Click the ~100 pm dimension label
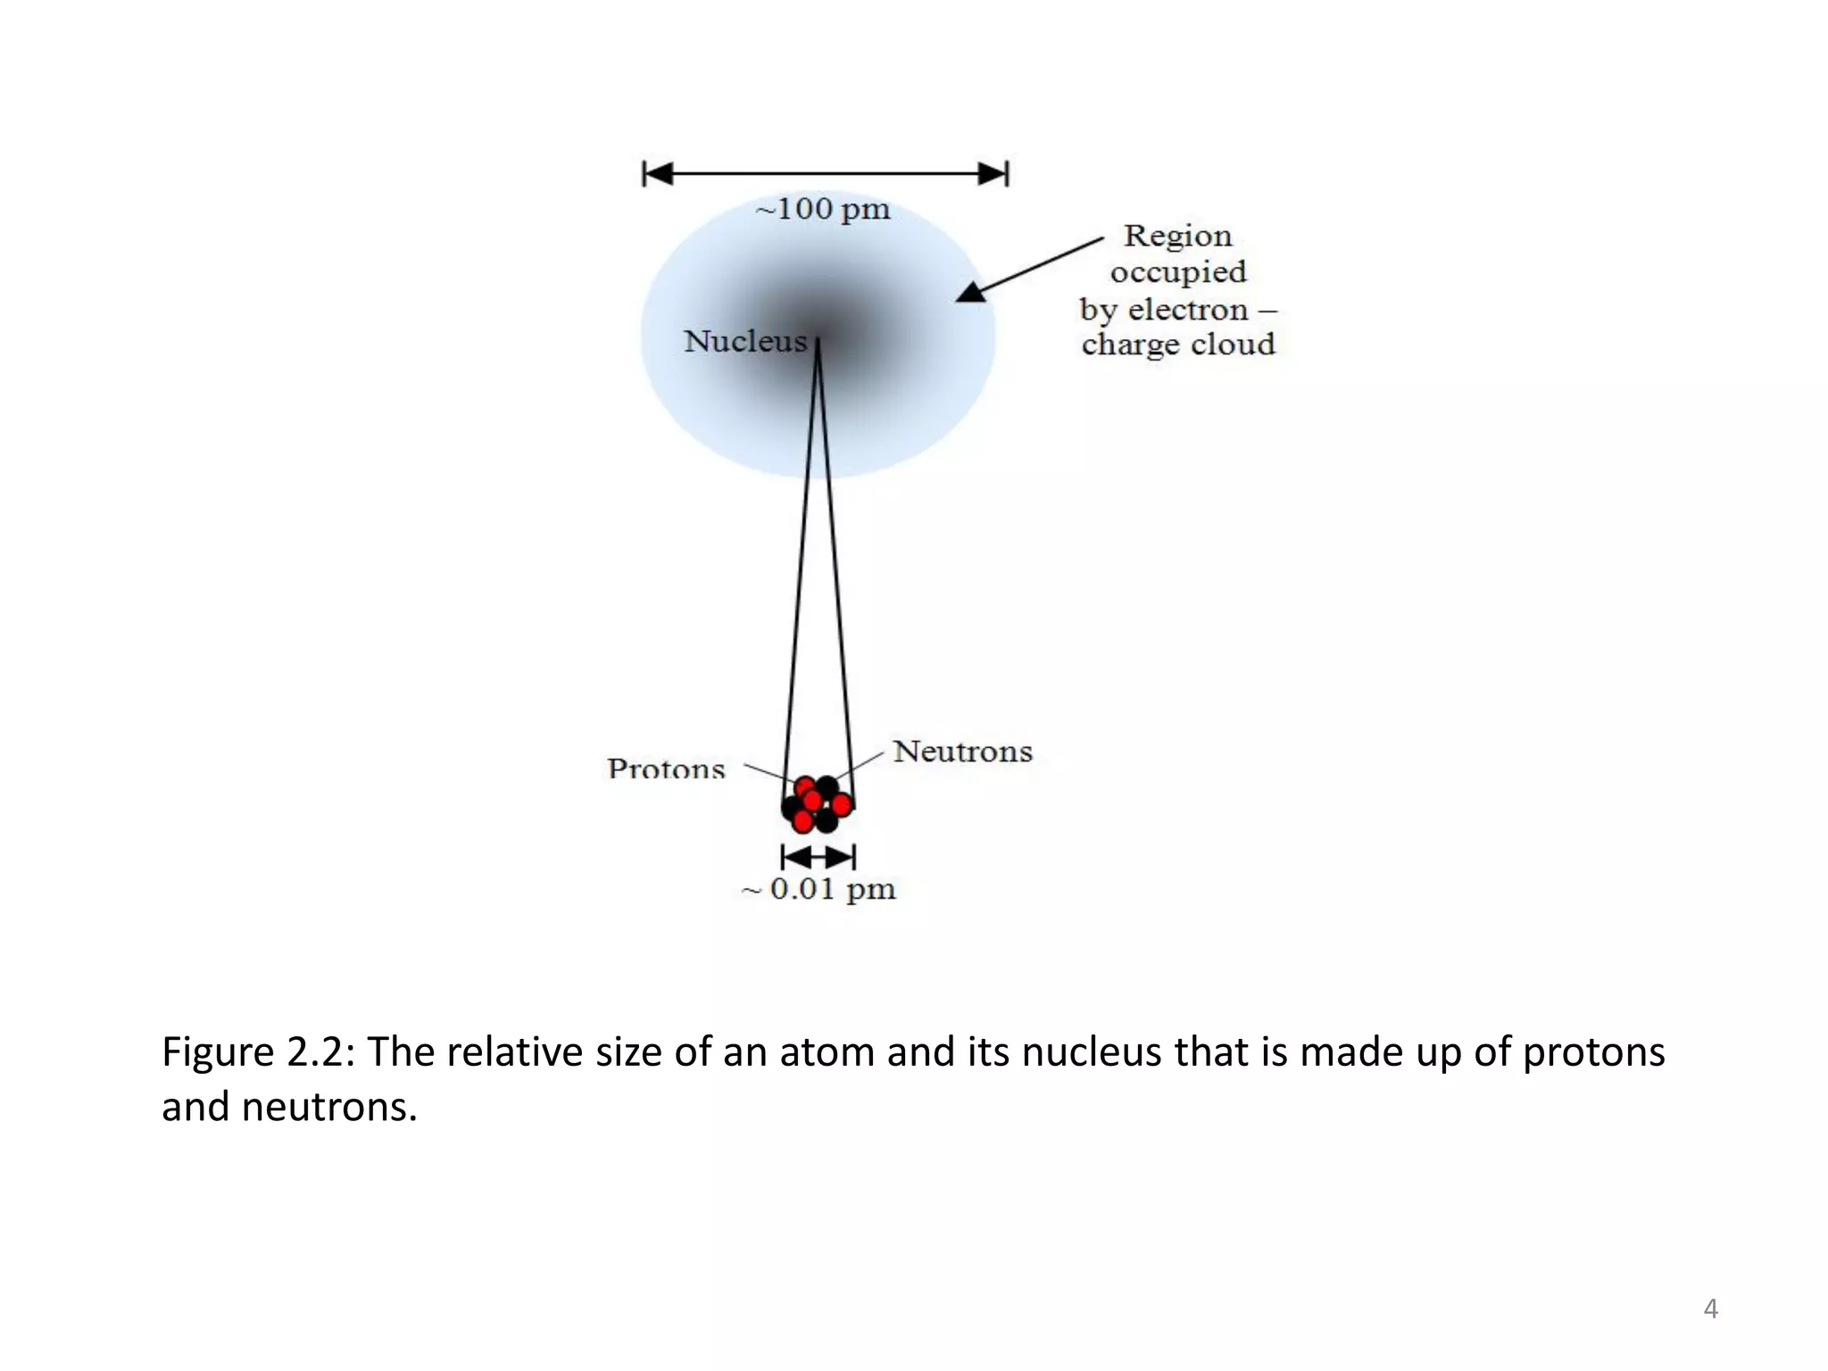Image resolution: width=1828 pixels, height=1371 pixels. [823, 210]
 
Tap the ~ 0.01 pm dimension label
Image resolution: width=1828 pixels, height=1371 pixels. [819, 889]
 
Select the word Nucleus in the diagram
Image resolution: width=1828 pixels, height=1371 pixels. [745, 341]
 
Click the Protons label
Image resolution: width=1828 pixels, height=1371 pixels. [666, 769]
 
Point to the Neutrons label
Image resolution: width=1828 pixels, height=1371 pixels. [962, 752]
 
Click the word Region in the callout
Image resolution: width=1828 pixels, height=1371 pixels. [1177, 236]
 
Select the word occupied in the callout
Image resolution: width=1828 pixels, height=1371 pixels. [1177, 272]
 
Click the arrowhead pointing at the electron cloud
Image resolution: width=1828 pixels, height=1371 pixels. [971, 292]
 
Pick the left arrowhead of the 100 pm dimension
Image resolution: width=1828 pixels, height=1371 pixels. [658, 173]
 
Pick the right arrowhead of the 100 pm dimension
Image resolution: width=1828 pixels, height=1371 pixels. [993, 173]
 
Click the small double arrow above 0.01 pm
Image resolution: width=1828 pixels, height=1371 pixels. [818, 858]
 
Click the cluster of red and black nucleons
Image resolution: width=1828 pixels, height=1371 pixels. [818, 804]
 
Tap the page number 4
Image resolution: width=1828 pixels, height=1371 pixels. [1710, 1309]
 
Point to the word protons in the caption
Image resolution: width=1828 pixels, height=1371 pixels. [1593, 1051]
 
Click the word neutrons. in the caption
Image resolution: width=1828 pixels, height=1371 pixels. [329, 1107]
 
